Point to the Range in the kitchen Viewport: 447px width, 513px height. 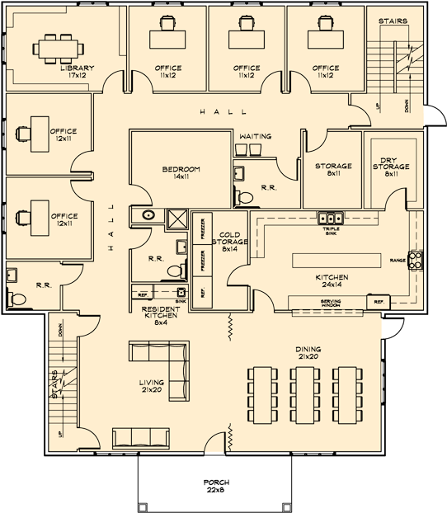pos(417,261)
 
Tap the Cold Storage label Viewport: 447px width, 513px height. pos(223,241)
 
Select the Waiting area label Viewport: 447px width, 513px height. pos(255,136)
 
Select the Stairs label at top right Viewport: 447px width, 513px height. pos(392,21)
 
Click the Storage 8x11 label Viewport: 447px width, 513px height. pos(333,169)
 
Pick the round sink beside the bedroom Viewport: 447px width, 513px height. pos(148,215)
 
